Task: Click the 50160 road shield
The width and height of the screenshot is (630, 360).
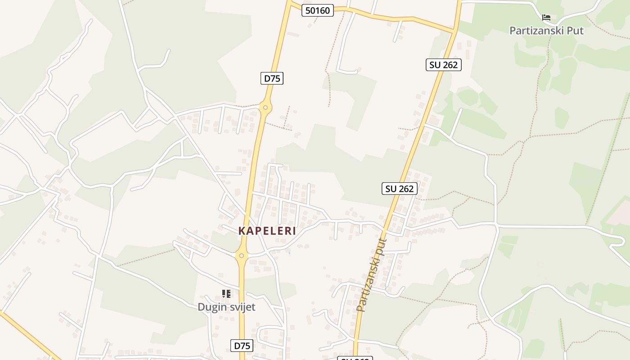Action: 317,10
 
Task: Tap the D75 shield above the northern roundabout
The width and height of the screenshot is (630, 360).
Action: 272,78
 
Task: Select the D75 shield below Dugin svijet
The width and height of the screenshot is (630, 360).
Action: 242,346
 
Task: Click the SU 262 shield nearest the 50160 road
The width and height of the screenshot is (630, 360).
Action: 443,65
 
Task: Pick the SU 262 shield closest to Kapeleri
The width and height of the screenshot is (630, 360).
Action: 400,189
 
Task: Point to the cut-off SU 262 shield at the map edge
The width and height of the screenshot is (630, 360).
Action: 355,358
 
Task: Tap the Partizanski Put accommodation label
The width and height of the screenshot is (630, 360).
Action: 546,31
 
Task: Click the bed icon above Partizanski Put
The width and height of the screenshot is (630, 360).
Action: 546,18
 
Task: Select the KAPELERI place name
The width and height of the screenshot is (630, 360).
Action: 267,231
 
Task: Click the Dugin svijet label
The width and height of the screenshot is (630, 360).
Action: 226,307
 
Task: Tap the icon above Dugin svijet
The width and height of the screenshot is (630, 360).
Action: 226,294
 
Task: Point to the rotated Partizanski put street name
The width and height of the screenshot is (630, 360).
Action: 371,275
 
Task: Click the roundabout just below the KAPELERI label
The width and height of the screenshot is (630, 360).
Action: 242,256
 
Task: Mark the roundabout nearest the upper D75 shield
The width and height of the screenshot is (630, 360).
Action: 265,108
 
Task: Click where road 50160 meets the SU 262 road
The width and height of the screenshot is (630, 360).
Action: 454,32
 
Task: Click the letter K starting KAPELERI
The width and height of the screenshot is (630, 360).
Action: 242,231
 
